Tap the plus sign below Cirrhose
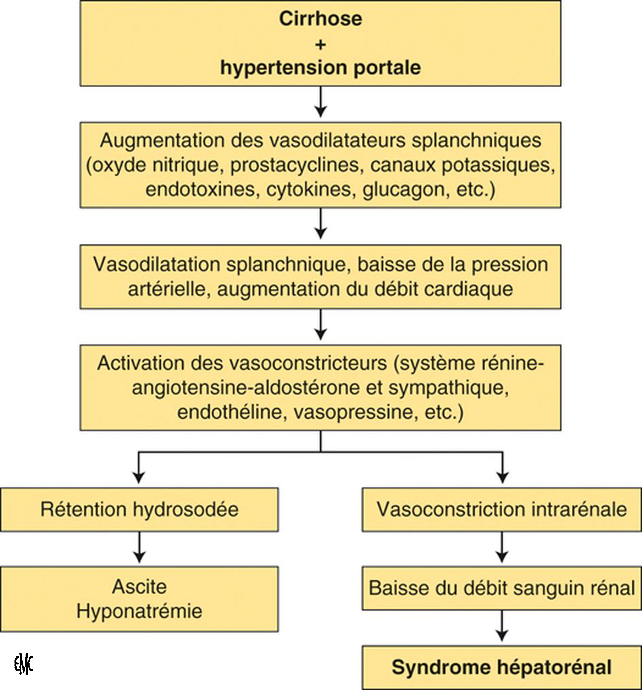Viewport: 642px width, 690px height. pos(320,44)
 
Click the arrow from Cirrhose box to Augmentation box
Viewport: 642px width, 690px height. pos(320,102)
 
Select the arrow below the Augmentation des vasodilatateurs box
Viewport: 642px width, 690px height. pos(320,224)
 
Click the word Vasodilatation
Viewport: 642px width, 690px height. pos(157,264)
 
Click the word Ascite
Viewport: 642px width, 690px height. pos(139,587)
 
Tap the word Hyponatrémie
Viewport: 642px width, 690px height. pos(139,611)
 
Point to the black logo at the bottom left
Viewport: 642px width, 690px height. pos(23,665)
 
